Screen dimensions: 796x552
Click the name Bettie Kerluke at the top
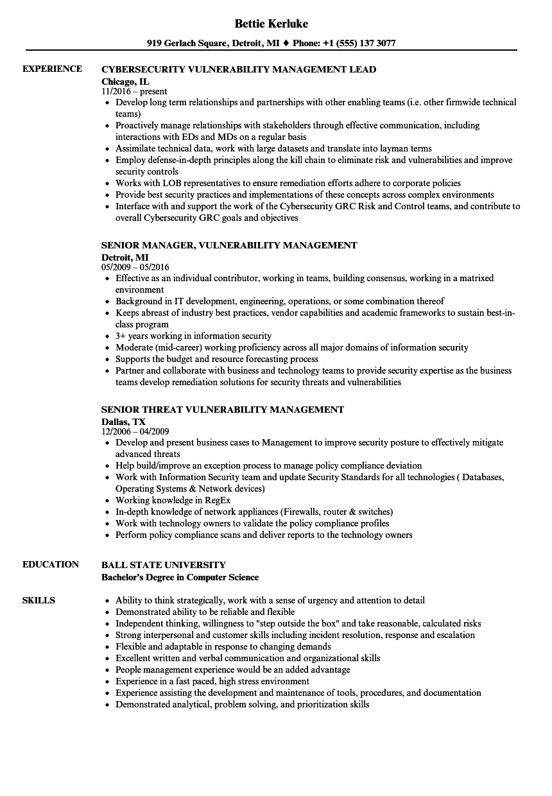point(271,24)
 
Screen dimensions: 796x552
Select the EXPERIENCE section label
point(52,69)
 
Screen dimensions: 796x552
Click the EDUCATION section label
point(51,564)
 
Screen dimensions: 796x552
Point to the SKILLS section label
point(39,600)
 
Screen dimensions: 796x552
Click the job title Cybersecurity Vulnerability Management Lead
point(239,69)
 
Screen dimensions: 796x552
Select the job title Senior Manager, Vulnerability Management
point(229,245)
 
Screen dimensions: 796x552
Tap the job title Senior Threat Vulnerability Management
point(223,410)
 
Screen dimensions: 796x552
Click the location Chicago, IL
point(125,81)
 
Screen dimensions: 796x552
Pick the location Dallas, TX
point(123,421)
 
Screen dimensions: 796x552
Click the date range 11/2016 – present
point(134,91)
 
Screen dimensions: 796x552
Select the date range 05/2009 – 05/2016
point(135,267)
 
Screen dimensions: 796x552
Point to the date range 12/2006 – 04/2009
point(135,431)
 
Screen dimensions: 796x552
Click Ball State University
point(164,565)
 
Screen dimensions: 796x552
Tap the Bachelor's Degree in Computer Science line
point(180,577)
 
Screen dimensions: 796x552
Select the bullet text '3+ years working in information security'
point(193,336)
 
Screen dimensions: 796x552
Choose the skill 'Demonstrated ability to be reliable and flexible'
point(205,612)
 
